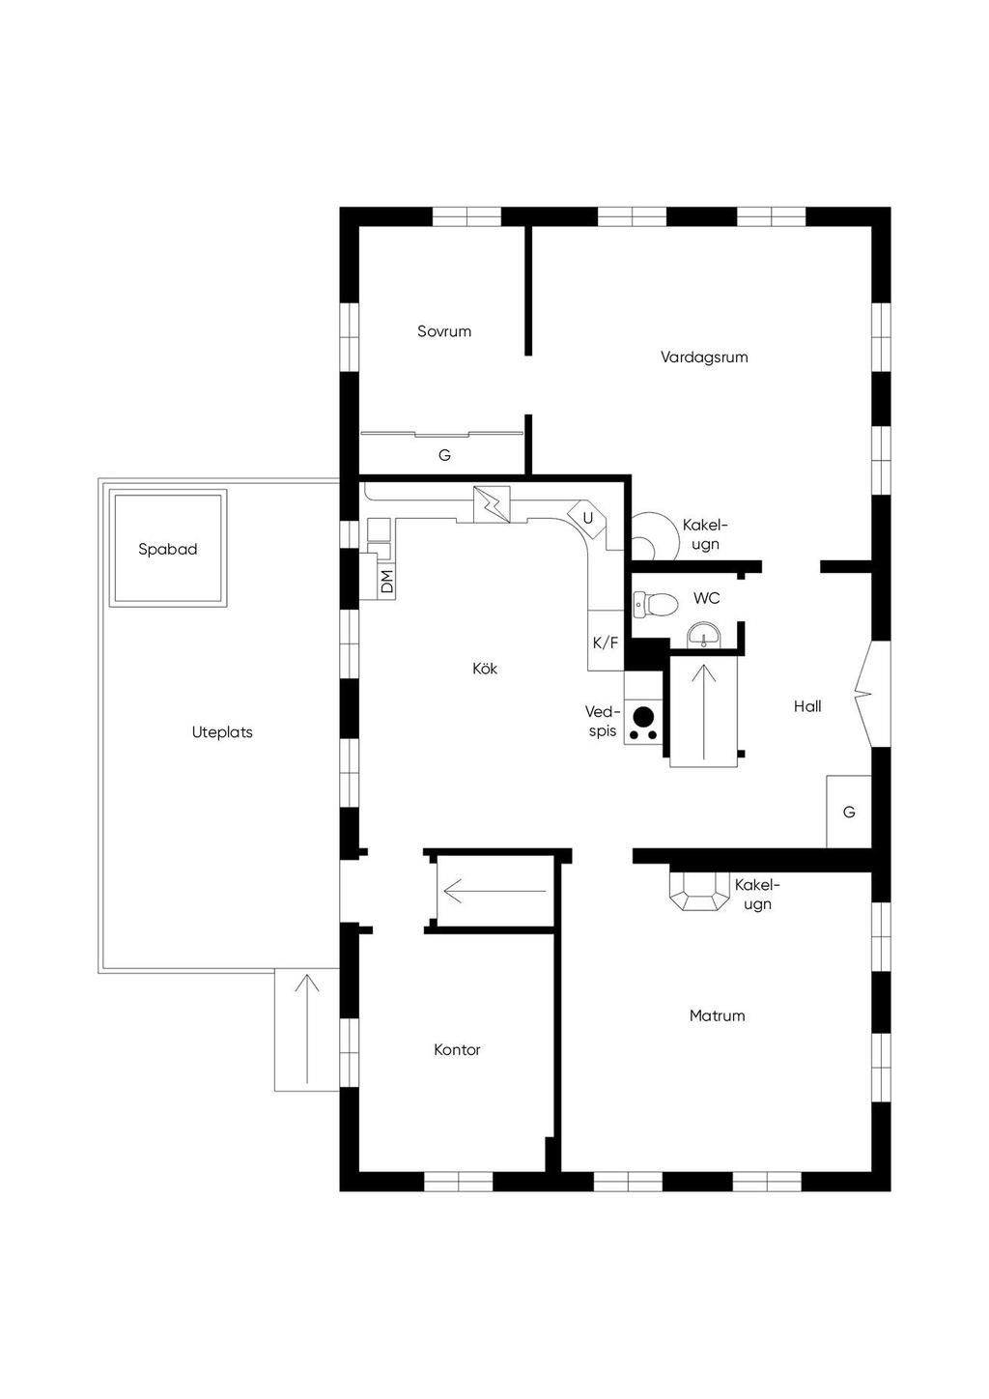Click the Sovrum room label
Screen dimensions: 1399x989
[444, 331]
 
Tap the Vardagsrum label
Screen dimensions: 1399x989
[704, 357]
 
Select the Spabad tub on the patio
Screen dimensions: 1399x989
[168, 549]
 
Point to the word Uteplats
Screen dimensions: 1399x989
[222, 732]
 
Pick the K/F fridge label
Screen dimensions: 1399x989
[606, 642]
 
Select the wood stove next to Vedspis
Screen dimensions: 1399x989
[643, 718]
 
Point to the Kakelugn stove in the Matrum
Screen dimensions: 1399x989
[695, 892]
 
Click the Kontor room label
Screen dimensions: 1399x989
[457, 1049]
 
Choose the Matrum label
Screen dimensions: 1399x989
[717, 1015]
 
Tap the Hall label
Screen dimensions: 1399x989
[807, 706]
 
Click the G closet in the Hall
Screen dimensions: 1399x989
[849, 812]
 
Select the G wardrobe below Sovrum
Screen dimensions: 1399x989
[444, 454]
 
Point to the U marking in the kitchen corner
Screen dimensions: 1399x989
[587, 518]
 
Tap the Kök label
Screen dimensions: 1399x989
[485, 669]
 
